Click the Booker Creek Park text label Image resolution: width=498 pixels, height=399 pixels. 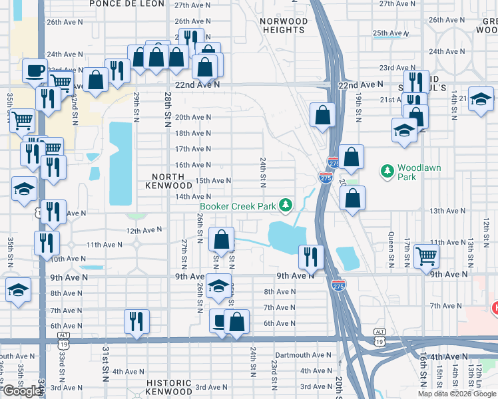[237, 207]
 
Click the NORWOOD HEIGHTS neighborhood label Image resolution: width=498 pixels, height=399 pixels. [284, 25]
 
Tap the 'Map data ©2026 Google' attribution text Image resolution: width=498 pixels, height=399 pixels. [457, 394]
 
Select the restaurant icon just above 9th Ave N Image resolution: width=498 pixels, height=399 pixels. [311, 255]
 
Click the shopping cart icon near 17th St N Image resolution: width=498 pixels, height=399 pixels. [426, 255]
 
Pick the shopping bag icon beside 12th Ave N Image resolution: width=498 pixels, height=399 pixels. [222, 238]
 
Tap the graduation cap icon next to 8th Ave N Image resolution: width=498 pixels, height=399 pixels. [218, 286]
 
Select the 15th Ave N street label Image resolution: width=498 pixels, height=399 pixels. [212, 181]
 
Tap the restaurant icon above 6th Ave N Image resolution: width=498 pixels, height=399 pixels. [136, 321]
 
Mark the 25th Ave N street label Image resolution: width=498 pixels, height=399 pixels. [390, 33]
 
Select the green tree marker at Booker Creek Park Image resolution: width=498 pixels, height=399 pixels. [286, 205]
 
